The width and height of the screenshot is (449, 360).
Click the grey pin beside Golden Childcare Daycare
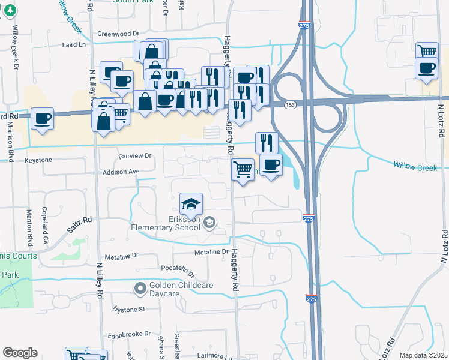click(140, 289)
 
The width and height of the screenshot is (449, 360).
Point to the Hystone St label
click(130, 310)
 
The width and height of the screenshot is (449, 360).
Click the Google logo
click(20, 353)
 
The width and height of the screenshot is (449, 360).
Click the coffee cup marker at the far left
click(42, 119)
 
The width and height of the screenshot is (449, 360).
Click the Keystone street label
click(38, 160)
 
